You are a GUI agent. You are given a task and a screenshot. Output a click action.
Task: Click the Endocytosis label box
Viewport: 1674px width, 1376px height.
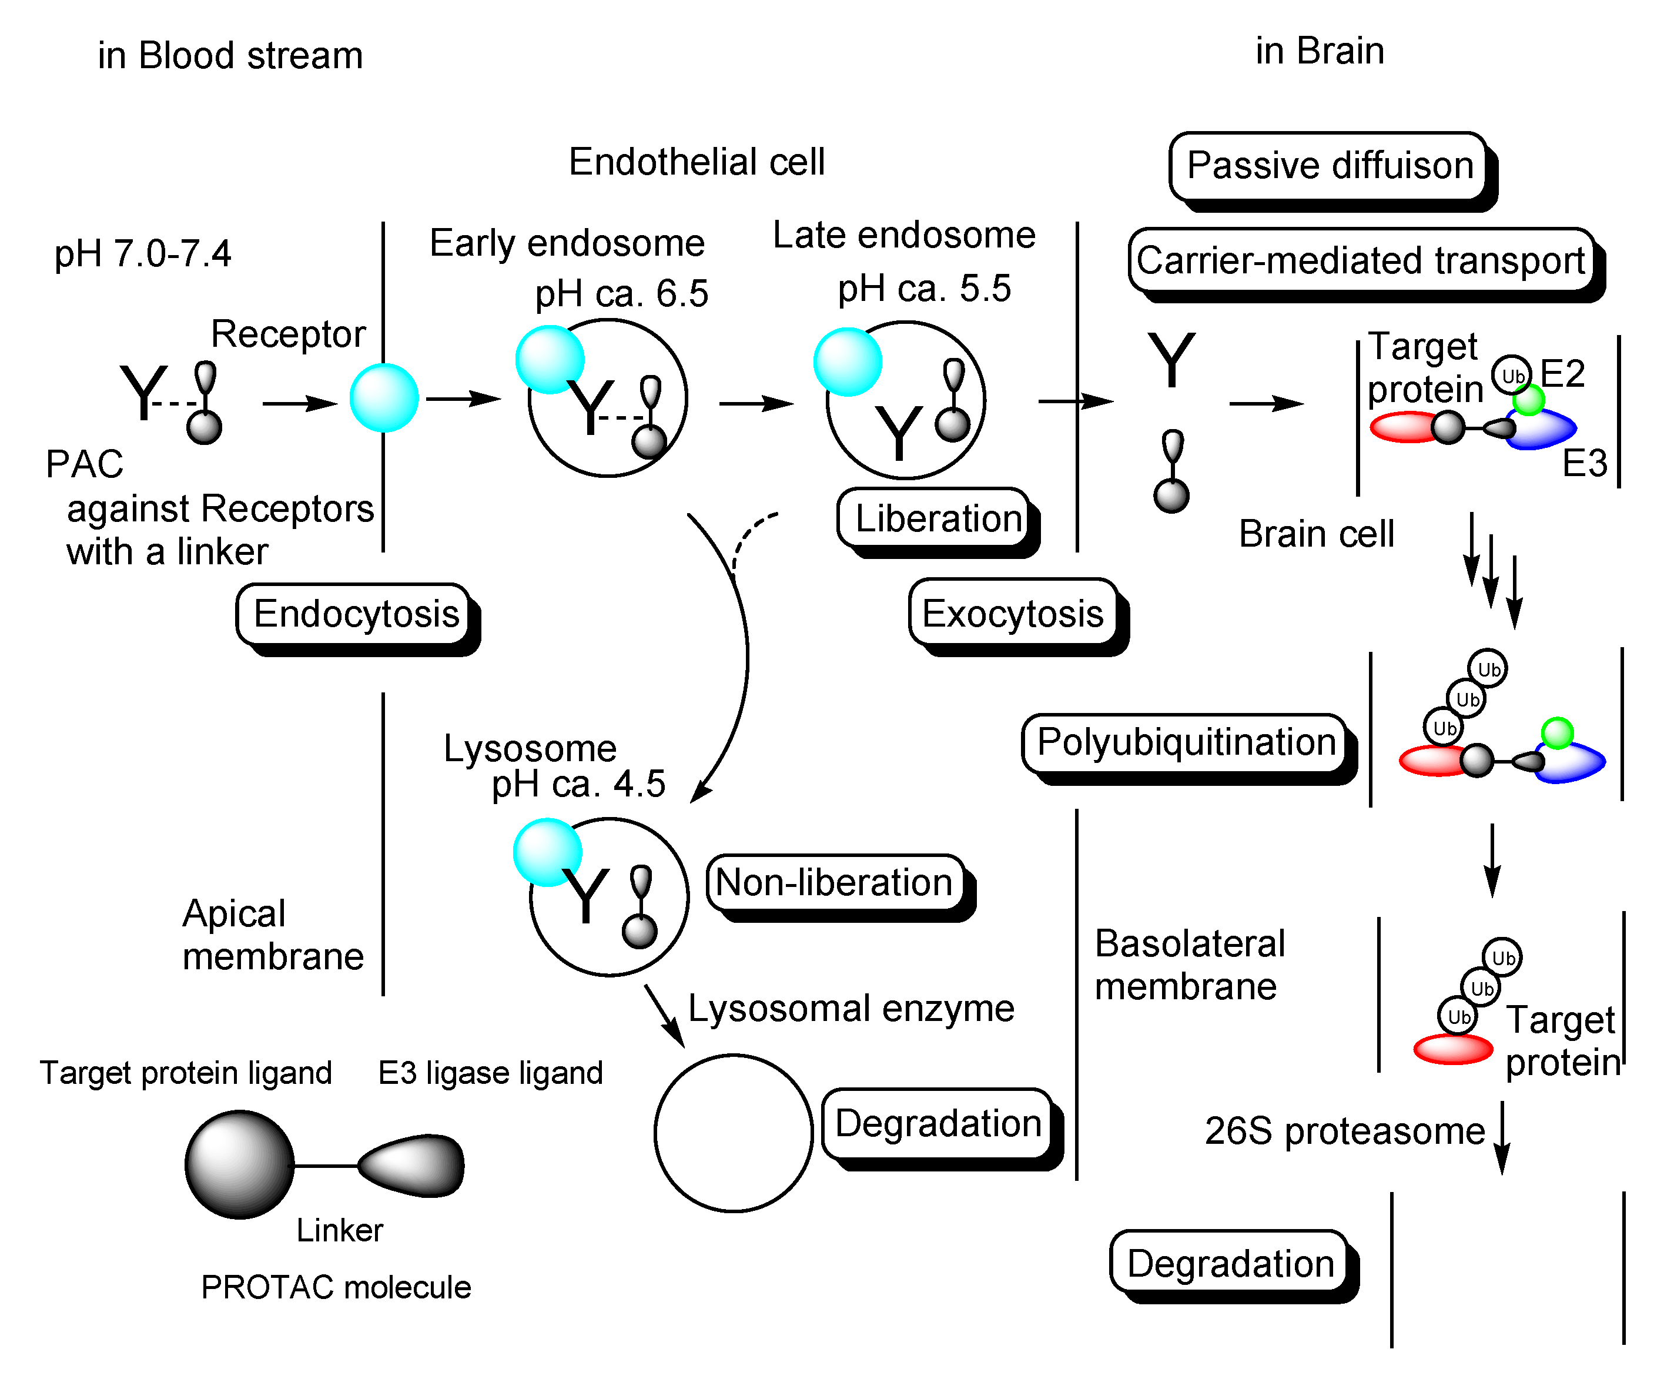pos(355,614)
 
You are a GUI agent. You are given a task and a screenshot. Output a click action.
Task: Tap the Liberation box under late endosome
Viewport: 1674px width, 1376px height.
pos(935,518)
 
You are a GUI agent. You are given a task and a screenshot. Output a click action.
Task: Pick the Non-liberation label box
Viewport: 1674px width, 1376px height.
pos(834,882)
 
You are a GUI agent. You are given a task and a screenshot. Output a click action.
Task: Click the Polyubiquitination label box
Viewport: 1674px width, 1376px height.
pos(1184,743)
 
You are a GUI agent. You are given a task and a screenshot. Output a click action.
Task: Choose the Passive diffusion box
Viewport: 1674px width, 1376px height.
pos(1328,166)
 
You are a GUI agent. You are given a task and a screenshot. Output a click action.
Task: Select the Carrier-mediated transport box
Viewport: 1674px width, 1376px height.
pos(1360,260)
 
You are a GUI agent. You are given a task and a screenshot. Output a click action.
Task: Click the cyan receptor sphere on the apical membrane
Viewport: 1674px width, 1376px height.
pos(384,398)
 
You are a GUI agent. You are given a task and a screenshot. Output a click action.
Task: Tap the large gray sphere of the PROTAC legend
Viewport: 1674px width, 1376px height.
pos(239,1164)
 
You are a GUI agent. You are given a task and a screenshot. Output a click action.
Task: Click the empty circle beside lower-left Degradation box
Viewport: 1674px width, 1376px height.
pos(733,1133)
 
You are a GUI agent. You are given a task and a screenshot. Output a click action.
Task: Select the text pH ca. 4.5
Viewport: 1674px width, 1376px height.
pos(578,784)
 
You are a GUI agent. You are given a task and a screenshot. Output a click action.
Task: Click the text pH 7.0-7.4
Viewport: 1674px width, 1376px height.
pos(143,254)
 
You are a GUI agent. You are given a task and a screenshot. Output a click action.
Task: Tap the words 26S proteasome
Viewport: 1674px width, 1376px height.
pos(1344,1131)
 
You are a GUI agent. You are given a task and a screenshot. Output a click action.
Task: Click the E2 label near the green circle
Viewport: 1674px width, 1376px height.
pos(1562,373)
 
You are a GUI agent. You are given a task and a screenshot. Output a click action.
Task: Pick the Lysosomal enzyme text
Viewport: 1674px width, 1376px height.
pos(851,1008)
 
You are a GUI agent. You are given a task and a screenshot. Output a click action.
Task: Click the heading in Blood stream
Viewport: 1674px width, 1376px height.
pos(230,55)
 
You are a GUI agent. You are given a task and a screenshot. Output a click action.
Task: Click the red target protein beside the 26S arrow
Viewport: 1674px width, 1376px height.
pos(1453,1049)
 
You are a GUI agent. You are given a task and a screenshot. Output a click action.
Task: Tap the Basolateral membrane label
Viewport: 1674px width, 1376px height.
pos(1189,965)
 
